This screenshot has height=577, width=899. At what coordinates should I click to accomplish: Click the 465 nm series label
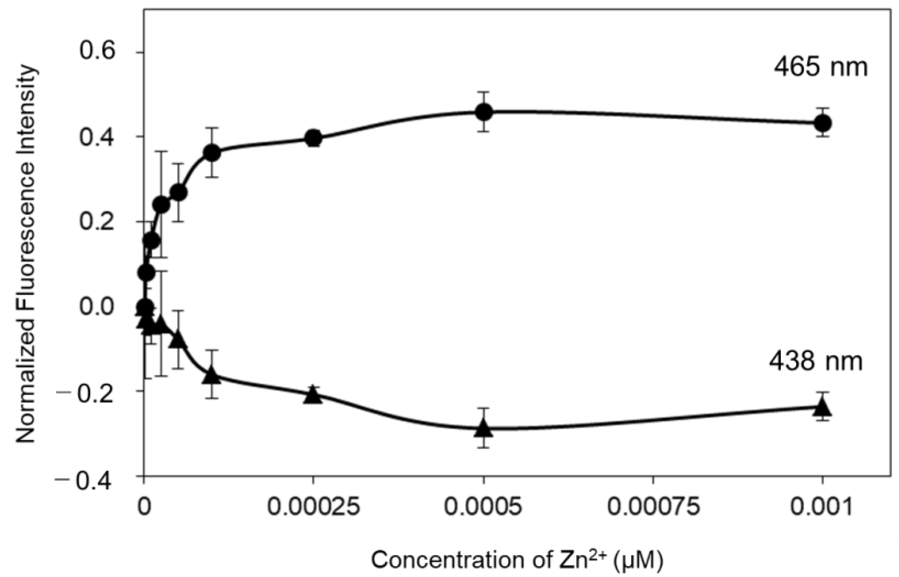tap(820, 67)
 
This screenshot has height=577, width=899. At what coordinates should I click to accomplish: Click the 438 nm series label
tap(815, 362)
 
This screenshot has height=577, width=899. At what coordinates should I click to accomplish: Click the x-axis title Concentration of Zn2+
tap(517, 560)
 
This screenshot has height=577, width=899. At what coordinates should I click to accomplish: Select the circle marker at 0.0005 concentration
tap(484, 112)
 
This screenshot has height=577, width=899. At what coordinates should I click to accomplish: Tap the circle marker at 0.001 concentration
tap(823, 123)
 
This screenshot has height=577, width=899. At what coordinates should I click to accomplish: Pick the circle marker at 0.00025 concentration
tap(314, 138)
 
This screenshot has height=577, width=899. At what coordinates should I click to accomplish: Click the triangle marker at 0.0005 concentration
tap(484, 428)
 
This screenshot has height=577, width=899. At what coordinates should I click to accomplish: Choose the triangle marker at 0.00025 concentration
tap(314, 395)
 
